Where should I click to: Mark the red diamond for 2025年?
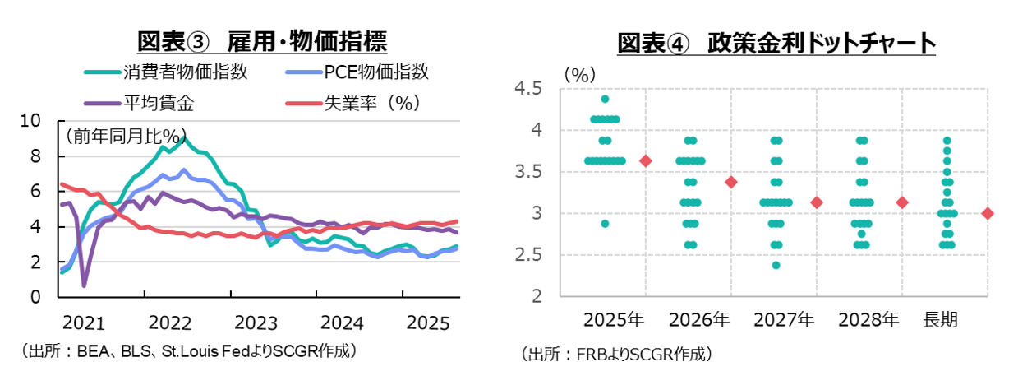(x=646, y=161)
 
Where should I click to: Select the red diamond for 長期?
(x=988, y=213)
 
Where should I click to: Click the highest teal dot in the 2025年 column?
(x=606, y=99)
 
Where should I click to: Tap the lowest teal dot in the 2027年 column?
(x=776, y=265)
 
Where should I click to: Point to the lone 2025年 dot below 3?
(x=606, y=224)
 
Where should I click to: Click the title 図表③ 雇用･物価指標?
(x=261, y=41)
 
